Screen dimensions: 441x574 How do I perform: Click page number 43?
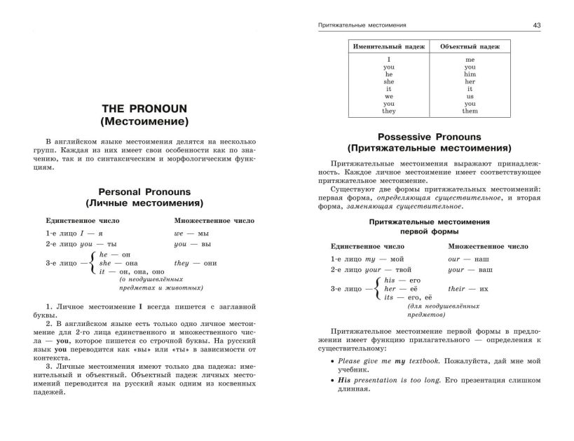coord(536,25)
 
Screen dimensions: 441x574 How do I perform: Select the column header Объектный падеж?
coord(470,46)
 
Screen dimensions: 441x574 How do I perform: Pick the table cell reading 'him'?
coord(470,74)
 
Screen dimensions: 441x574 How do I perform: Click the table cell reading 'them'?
coord(470,111)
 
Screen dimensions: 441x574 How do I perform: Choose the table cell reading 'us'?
coord(470,96)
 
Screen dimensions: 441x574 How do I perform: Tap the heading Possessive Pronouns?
coord(429,137)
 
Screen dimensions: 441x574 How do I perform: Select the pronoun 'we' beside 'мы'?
coord(179,232)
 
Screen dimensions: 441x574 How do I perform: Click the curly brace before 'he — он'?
coord(94,262)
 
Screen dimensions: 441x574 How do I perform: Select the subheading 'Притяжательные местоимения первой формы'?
coord(429,226)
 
